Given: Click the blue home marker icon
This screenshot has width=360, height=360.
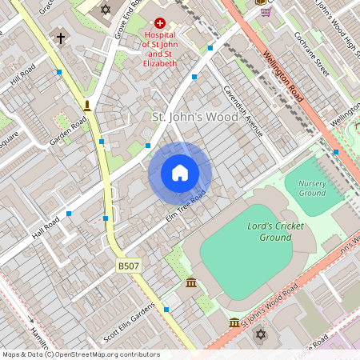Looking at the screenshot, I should [180, 173].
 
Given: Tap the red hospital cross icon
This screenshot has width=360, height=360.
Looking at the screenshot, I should [159, 25].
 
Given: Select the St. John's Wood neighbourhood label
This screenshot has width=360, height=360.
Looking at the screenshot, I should [195, 118].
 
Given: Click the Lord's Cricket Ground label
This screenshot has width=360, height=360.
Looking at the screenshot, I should [275, 232].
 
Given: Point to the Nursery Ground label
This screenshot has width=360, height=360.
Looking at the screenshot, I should [312, 188].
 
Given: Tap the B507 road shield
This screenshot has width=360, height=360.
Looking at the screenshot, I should [126, 264].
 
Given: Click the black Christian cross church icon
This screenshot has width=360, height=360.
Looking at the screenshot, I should [61, 38].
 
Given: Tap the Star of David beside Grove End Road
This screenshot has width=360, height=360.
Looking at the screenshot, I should [105, 10].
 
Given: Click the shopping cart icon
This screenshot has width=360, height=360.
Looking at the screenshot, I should [265, 11].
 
